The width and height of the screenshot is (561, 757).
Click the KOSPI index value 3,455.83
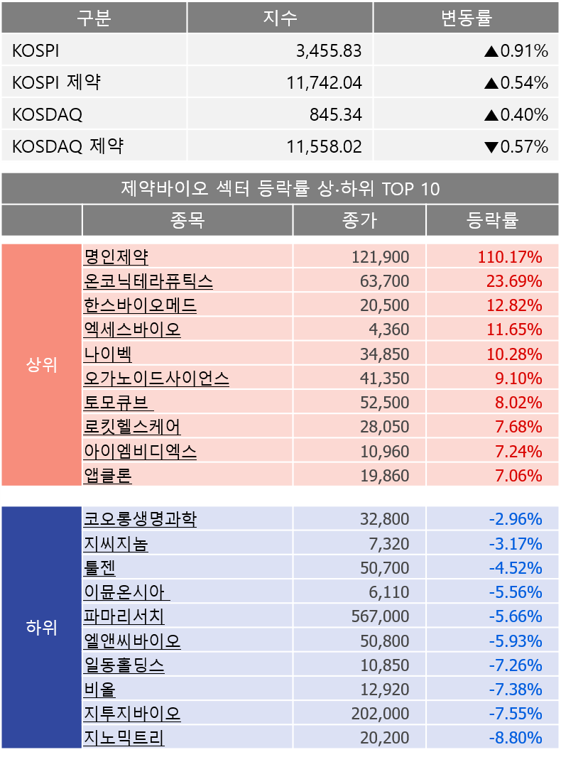(329, 51)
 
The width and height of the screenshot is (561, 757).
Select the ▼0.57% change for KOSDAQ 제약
(516, 147)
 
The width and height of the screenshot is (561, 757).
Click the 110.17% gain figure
(510, 257)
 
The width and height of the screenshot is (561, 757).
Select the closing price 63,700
(385, 281)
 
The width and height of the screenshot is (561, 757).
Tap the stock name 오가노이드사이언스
(156, 378)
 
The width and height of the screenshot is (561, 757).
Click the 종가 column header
(359, 221)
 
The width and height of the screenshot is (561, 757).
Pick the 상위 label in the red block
(41, 366)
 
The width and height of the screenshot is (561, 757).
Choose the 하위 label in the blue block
(41, 628)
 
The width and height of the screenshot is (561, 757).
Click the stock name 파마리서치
(124, 616)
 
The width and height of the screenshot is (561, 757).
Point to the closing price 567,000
(380, 616)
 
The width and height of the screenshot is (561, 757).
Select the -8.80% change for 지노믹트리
(516, 738)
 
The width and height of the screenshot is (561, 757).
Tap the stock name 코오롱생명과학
(140, 519)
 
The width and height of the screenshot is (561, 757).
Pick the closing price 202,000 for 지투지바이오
(380, 714)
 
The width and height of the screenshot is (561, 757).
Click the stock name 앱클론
(108, 475)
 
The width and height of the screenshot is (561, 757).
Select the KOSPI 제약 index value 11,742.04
(325, 83)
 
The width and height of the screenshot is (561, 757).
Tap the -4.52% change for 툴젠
(516, 568)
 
